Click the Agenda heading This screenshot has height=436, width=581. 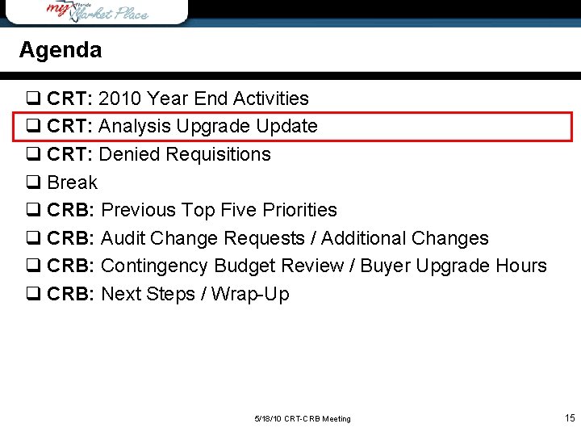pos(61,50)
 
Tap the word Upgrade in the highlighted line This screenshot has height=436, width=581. pos(218,127)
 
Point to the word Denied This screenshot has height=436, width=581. pos(131,154)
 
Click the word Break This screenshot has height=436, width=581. pos(73,182)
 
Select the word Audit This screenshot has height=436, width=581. pos(123,238)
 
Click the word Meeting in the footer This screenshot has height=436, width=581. pos(336,419)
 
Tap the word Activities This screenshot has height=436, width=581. pos(271,99)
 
